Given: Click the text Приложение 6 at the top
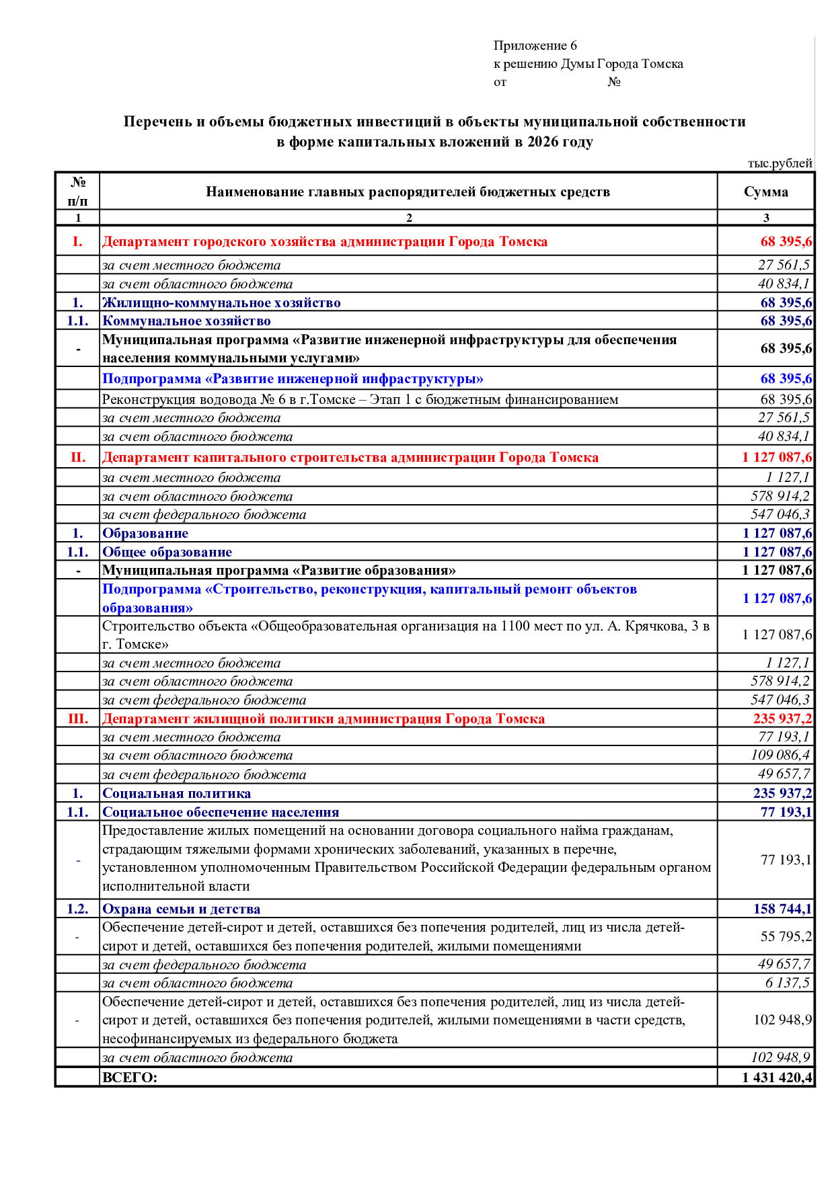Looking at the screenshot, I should click(535, 46).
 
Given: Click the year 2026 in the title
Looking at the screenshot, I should click(541, 142).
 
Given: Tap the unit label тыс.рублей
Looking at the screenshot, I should click(780, 163).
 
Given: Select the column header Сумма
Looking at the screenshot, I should click(765, 192).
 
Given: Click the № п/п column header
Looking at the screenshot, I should click(77, 192).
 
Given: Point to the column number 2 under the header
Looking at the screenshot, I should click(408, 218).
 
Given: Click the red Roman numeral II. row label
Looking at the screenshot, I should click(78, 458).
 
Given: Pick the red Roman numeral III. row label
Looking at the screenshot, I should click(78, 719).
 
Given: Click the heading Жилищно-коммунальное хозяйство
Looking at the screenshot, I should click(221, 302).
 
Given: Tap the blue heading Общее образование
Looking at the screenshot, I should click(167, 552).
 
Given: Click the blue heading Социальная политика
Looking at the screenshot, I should click(176, 793).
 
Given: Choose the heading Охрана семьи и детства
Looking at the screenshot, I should click(181, 909).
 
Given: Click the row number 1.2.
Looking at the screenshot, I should click(77, 909).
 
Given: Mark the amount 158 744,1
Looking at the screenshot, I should click(782, 909).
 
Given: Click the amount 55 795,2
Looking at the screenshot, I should click(786, 936).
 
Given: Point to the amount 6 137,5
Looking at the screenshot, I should click(787, 983).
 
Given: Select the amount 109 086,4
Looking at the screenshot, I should click(780, 756).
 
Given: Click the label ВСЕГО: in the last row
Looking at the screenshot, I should click(129, 1078).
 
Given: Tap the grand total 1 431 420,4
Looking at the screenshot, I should click(777, 1078).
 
